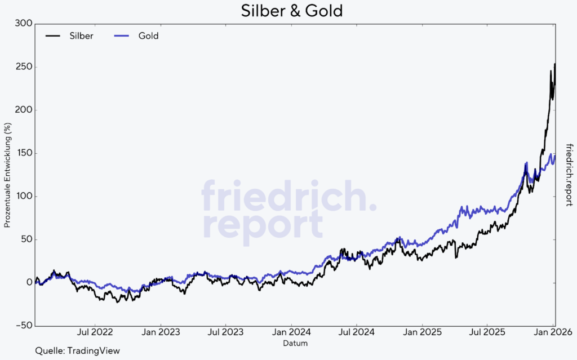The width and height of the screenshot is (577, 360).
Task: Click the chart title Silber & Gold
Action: pos(291,11)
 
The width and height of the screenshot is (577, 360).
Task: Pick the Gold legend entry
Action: pos(148,35)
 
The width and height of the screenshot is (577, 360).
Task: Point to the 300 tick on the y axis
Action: pos(24,24)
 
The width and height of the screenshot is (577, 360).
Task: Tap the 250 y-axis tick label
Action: pos(24,67)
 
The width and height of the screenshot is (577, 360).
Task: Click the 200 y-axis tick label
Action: pos(24,110)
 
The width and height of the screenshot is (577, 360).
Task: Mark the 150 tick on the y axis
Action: pos(24,153)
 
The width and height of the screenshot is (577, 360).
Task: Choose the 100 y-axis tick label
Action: pos(24,196)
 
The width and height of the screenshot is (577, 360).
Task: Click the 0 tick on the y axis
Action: pos(28,283)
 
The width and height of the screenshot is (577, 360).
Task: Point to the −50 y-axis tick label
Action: pos(23,326)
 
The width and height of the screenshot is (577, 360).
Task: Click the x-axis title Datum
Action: pos(295,343)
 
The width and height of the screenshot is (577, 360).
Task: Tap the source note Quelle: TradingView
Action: pos(77,351)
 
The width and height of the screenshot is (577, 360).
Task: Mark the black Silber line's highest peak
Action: pos(555,64)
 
